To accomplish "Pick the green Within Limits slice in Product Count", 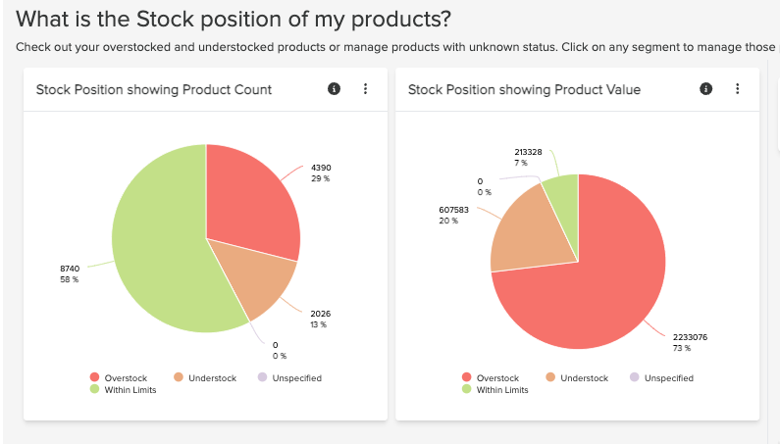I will pyautogui.click(x=157, y=245).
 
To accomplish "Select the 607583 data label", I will pyautogui.click(x=454, y=209).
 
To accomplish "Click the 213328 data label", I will pyautogui.click(x=528, y=152).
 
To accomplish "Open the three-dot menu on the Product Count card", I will pyautogui.click(x=366, y=89).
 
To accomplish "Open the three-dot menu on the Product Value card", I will pyautogui.click(x=737, y=89).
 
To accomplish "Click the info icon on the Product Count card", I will pyautogui.click(x=334, y=89).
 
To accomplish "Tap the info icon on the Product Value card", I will pyautogui.click(x=705, y=89).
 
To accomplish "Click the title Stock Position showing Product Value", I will pyautogui.click(x=524, y=90).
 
